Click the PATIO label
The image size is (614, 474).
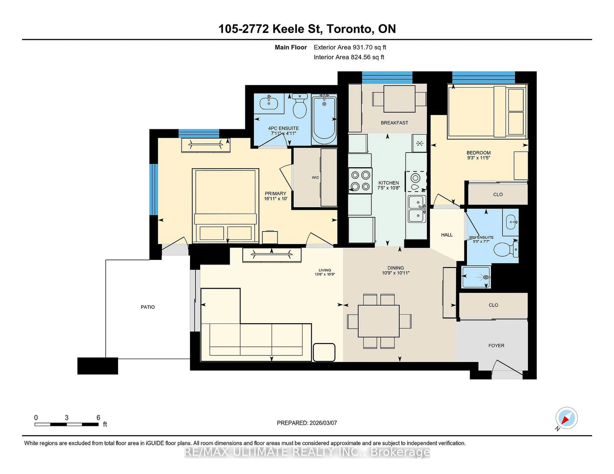point(148,307)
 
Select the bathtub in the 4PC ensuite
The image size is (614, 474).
point(324,120)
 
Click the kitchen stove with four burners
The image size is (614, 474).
point(360,181)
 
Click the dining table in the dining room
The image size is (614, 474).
point(379,321)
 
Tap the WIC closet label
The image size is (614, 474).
point(315,178)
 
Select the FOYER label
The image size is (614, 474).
point(496,346)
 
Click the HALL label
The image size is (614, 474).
point(447,235)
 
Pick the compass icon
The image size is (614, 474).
point(567,418)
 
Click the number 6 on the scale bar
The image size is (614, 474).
point(98,418)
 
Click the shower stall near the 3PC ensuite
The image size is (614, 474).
point(476,277)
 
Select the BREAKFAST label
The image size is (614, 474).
point(394,123)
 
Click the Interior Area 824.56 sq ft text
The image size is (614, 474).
point(349,57)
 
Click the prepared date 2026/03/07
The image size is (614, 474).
point(323,423)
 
